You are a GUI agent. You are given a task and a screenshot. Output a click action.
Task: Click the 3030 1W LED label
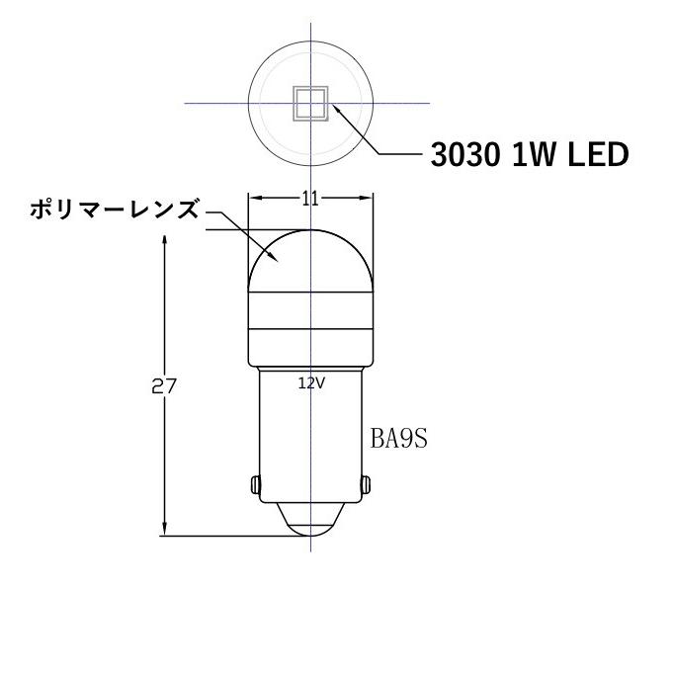(x=529, y=156)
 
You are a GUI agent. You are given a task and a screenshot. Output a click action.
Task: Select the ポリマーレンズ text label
(x=114, y=210)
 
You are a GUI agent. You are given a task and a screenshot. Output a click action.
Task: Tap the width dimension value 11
(x=310, y=199)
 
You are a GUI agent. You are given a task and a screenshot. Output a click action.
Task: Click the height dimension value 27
(x=164, y=386)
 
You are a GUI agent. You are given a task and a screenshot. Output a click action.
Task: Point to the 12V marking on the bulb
(x=310, y=383)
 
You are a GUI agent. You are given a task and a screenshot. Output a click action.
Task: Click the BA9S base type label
(x=399, y=438)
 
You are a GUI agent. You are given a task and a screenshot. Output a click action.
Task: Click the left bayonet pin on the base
(x=256, y=485)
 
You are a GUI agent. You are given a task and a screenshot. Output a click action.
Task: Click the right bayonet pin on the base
(x=366, y=485)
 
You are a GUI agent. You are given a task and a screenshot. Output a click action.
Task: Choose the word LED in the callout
(x=600, y=156)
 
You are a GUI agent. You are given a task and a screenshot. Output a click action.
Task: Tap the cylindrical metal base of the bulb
(x=310, y=435)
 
